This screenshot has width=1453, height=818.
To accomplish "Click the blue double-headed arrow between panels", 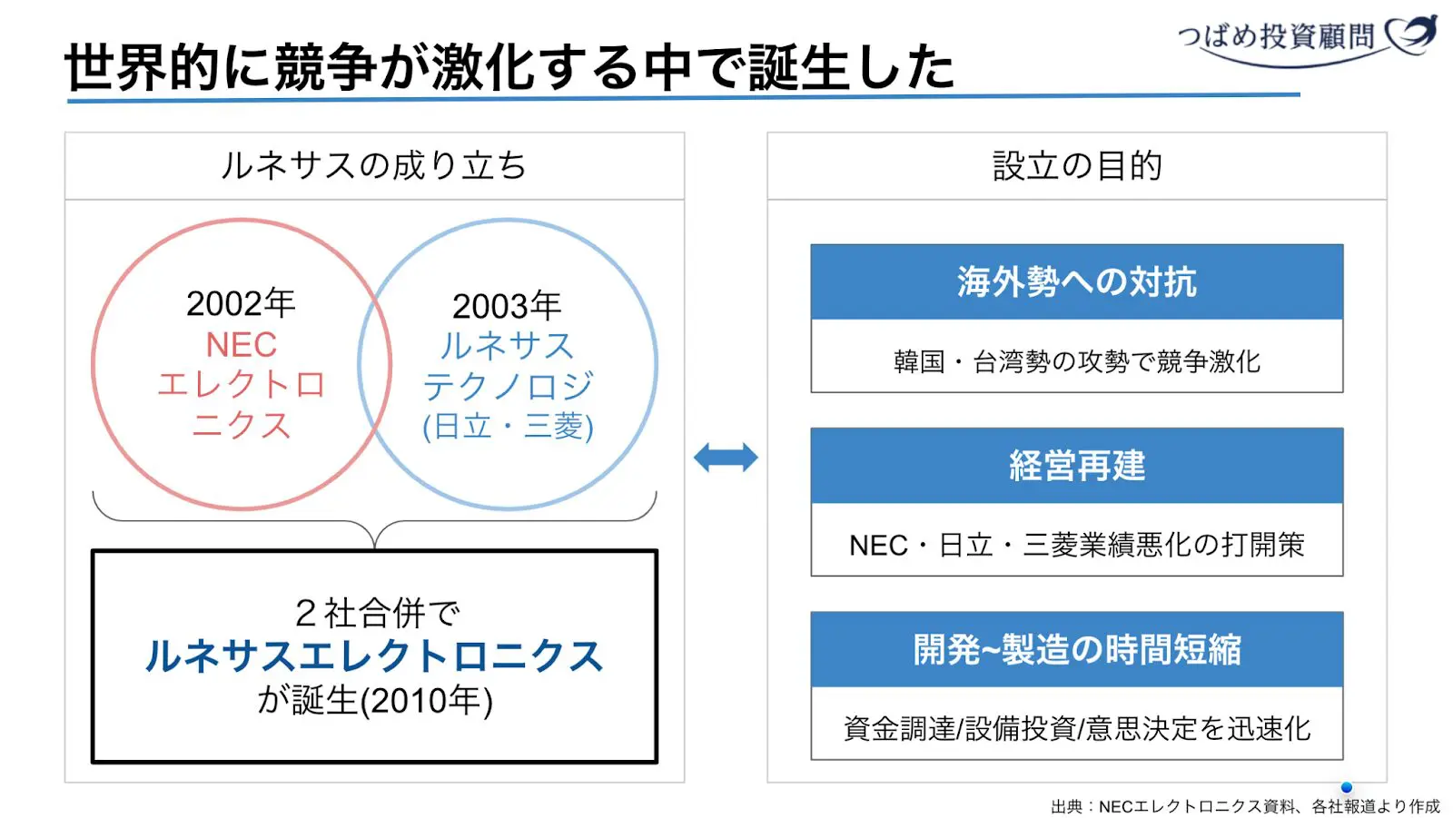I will pyautogui.click(x=725, y=457).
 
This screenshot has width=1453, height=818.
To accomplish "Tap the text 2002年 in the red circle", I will pyautogui.click(x=241, y=303).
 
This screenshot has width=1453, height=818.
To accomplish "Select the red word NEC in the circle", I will pyautogui.click(x=241, y=345).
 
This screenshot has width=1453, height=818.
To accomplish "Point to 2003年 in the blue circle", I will pyautogui.click(x=507, y=306).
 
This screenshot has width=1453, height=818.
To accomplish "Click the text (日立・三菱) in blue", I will pyautogui.click(x=507, y=426).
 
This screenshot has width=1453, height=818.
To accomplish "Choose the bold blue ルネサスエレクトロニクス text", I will pyautogui.click(x=373, y=656).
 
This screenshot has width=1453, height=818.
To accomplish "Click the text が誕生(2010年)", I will pyautogui.click(x=374, y=700).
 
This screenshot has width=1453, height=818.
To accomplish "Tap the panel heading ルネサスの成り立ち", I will pyautogui.click(x=373, y=166).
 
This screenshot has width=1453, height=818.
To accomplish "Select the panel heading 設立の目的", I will pyautogui.click(x=1077, y=166).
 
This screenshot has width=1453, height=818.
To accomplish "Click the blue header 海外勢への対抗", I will pyautogui.click(x=1076, y=282).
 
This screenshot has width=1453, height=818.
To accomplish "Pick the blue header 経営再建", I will pyautogui.click(x=1076, y=466).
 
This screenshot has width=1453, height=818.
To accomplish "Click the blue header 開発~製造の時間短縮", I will pyautogui.click(x=1076, y=650).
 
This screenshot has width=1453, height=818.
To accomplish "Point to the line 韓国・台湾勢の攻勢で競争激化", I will pyautogui.click(x=1076, y=361).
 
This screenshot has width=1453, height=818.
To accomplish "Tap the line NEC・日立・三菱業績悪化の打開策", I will pyautogui.click(x=1076, y=545).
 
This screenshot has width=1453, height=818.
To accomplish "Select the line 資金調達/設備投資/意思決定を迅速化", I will pyautogui.click(x=1076, y=728).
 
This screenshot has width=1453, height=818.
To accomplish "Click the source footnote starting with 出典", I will pyautogui.click(x=1244, y=806).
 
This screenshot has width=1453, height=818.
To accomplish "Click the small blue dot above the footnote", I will pyautogui.click(x=1346, y=787).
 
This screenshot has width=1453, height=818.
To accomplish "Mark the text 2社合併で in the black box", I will pyautogui.click(x=377, y=614).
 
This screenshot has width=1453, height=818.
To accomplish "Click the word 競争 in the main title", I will pyautogui.click(x=326, y=67).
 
